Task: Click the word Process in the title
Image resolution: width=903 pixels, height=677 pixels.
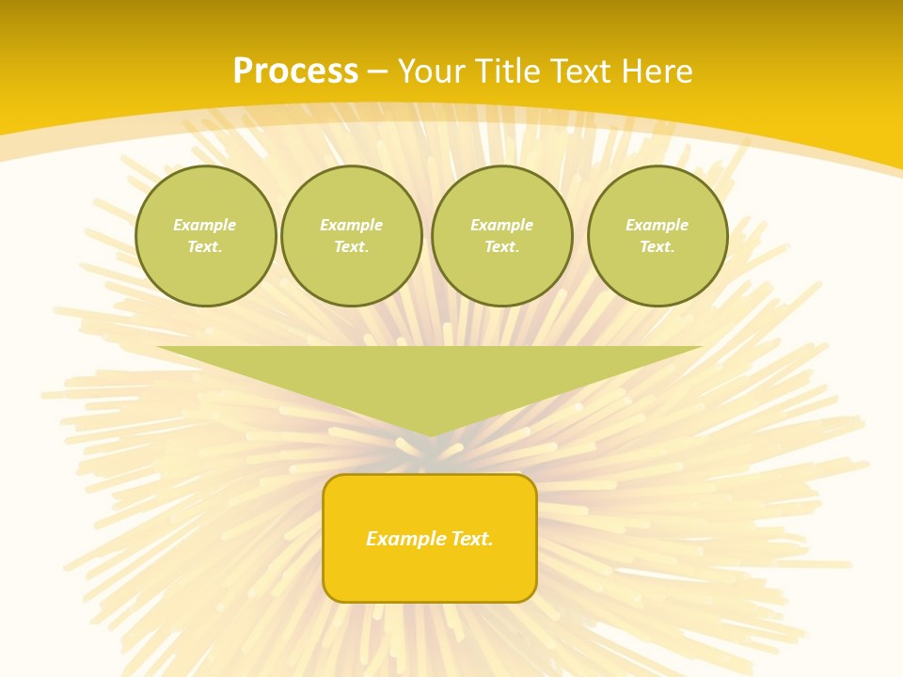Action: click(295, 71)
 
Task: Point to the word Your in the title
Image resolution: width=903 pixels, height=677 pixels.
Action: click(432, 71)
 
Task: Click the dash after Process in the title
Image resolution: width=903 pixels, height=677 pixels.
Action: click(377, 72)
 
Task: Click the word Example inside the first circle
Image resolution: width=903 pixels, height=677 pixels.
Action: click(205, 225)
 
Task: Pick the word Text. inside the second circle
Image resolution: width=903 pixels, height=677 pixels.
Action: click(352, 247)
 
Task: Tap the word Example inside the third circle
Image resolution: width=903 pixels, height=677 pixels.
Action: click(502, 225)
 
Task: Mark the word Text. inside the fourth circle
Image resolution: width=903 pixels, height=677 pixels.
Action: click(657, 247)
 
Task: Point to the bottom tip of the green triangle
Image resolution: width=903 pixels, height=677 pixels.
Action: click(430, 434)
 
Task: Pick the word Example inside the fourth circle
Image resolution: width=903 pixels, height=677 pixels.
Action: click(657, 225)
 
